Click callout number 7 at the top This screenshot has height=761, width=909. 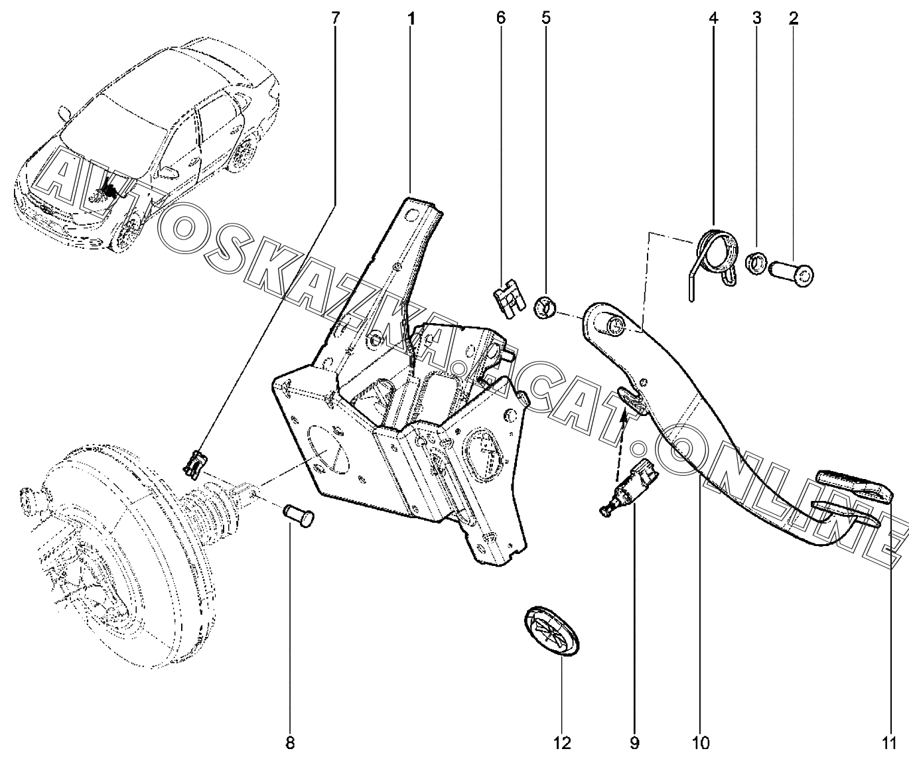(334, 18)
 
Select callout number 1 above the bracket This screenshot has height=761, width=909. (411, 19)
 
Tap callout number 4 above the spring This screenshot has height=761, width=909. (713, 18)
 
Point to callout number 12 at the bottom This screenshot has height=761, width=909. (561, 742)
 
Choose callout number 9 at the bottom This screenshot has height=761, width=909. (634, 742)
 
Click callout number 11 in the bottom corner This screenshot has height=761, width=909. (889, 742)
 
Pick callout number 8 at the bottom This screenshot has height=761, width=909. (290, 742)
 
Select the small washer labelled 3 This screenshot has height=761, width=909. (756, 263)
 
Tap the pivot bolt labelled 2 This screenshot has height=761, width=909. (791, 274)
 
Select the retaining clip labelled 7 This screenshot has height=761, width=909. (194, 465)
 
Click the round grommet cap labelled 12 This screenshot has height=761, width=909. (551, 636)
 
